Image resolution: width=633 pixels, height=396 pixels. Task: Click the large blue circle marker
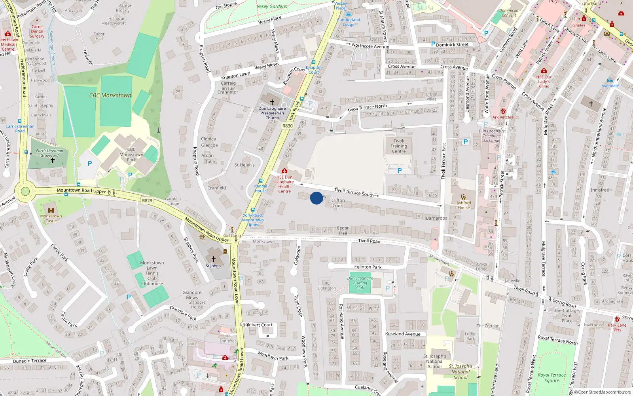pyautogui.click(x=316, y=198)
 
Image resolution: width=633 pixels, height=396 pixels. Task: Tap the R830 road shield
pyautogui.click(x=288, y=126)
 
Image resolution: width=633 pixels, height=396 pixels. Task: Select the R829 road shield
pyautogui.click(x=147, y=201)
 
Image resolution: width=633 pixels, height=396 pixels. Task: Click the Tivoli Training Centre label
pyautogui.click(x=399, y=146)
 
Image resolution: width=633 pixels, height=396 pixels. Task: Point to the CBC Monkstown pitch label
pyautogui.click(x=110, y=95)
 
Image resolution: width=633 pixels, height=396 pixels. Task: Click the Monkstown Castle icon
pyautogui.click(x=51, y=210)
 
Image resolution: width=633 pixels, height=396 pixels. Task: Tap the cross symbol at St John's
pyautogui.click(x=214, y=259)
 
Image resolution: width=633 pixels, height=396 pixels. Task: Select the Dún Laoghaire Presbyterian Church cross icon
pyautogui.click(x=272, y=102)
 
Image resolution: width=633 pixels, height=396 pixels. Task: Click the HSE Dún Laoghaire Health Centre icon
pyautogui.click(x=284, y=171)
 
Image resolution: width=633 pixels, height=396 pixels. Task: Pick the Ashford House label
pyautogui.click(x=464, y=205)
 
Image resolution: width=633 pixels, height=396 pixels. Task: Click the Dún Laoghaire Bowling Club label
pyautogui.click(x=360, y=283)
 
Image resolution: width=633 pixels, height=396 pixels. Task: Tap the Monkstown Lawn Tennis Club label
pyautogui.click(x=152, y=273)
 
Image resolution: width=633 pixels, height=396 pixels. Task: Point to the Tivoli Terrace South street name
pyautogui.click(x=354, y=192)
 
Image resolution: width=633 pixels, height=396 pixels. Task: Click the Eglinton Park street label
pyautogui.click(x=368, y=267)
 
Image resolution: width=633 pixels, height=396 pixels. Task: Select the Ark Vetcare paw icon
pyautogui.click(x=503, y=111)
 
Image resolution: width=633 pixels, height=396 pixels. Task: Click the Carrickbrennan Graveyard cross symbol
pyautogui.click(x=52, y=161)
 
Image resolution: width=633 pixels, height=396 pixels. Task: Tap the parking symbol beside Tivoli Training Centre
pyautogui.click(x=400, y=171)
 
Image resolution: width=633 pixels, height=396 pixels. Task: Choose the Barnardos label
pyautogui.click(x=436, y=218)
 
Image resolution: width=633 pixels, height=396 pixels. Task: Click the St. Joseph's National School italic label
pyautogui.click(x=461, y=372)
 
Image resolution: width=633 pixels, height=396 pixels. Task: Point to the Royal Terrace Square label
pyautogui.click(x=552, y=378)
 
